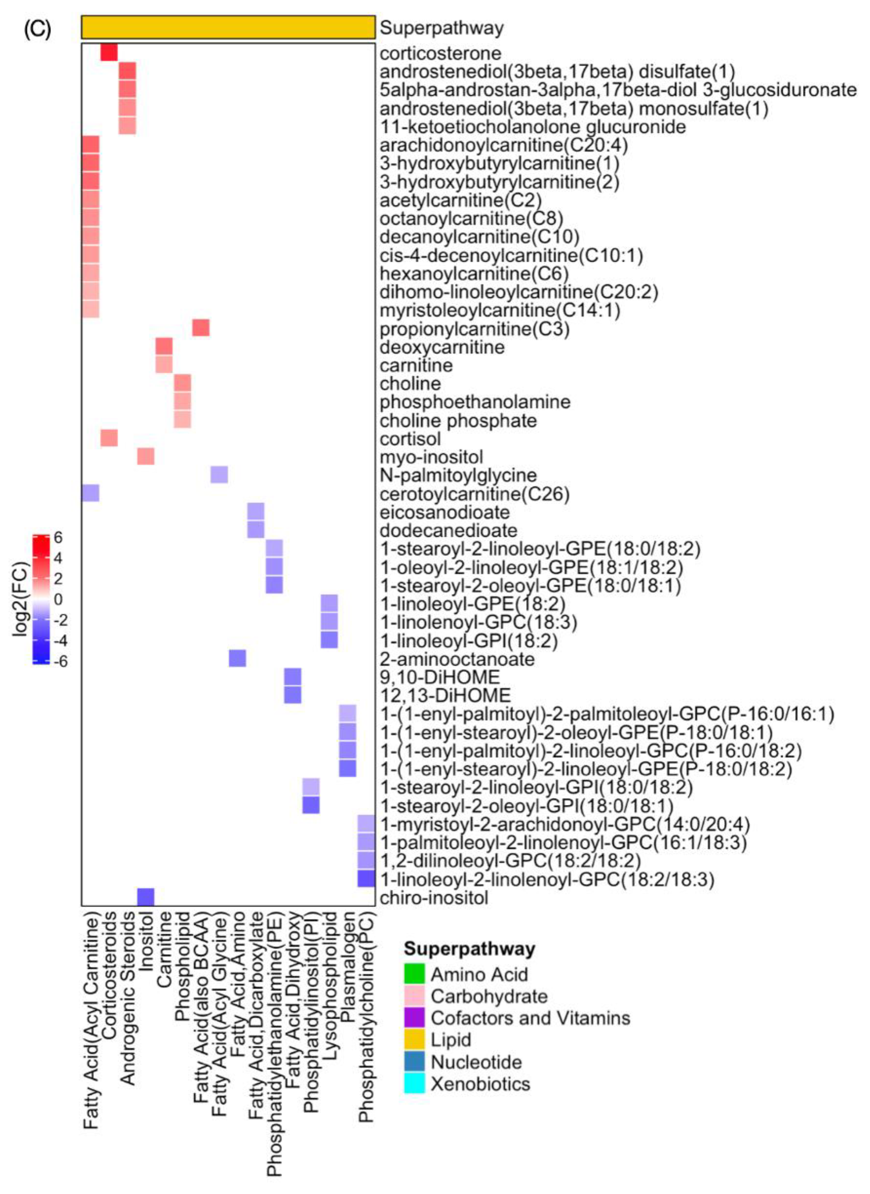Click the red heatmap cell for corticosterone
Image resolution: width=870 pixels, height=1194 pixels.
(109, 53)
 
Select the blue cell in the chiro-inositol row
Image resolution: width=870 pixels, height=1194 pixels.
(145, 897)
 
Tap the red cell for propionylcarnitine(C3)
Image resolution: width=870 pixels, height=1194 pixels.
(201, 328)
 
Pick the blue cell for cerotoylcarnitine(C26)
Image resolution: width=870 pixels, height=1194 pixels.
(91, 493)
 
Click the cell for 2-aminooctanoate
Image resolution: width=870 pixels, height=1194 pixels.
(237, 658)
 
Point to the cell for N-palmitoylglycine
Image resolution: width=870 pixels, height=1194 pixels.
(219, 474)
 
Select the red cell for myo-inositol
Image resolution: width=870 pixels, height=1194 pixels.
(145, 456)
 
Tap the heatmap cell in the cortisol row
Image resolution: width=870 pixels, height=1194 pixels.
(109, 438)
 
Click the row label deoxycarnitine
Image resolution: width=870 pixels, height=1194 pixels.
(442, 347)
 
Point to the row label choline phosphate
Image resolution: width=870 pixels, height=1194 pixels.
(458, 421)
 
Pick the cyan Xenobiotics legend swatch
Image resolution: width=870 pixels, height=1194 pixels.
(414, 1083)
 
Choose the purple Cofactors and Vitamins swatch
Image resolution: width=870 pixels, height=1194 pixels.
(414, 1018)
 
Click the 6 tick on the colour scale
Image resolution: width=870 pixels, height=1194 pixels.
(58, 538)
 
